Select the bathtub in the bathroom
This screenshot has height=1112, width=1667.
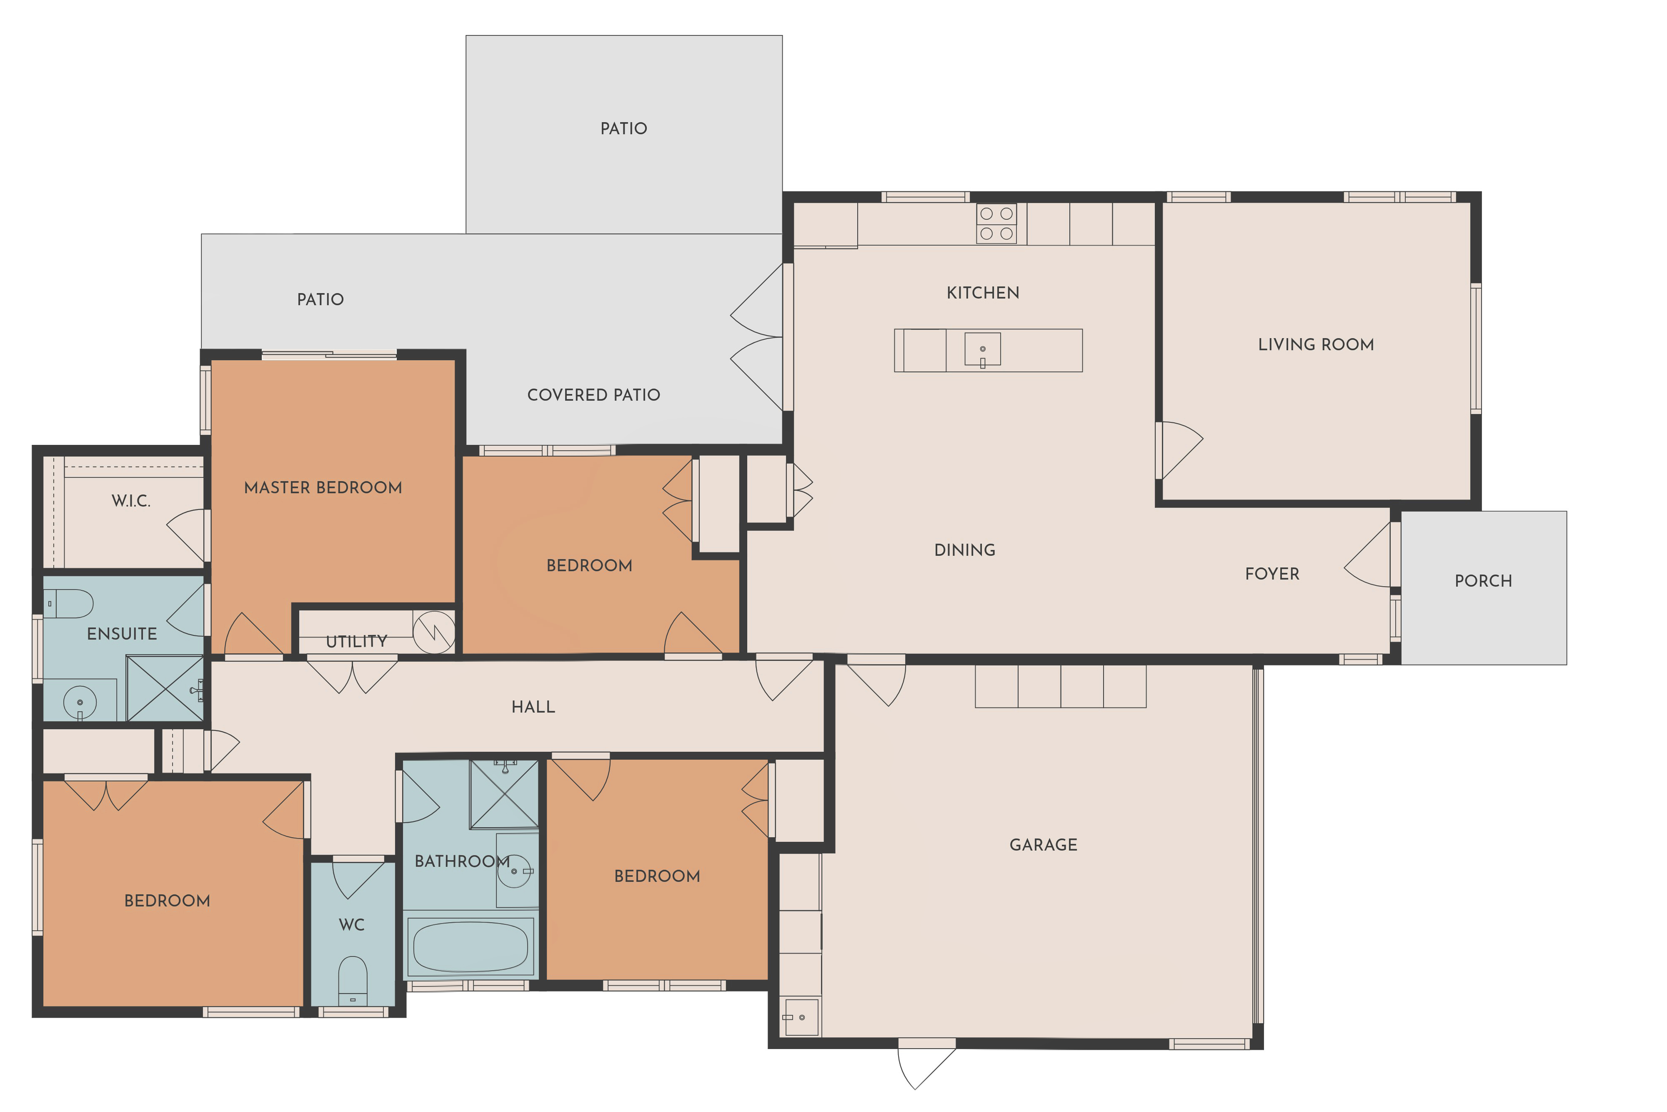pos(471,946)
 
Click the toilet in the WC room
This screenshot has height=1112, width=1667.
pos(352,981)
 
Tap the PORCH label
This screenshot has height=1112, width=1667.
pos(1484,581)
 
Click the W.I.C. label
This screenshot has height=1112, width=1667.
pos(131,501)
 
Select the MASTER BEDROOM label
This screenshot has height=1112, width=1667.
pos(323,488)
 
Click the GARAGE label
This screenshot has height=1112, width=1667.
pos(1043,845)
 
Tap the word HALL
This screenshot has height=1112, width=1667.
pos(533,707)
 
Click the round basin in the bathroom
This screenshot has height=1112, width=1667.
pos(514,871)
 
